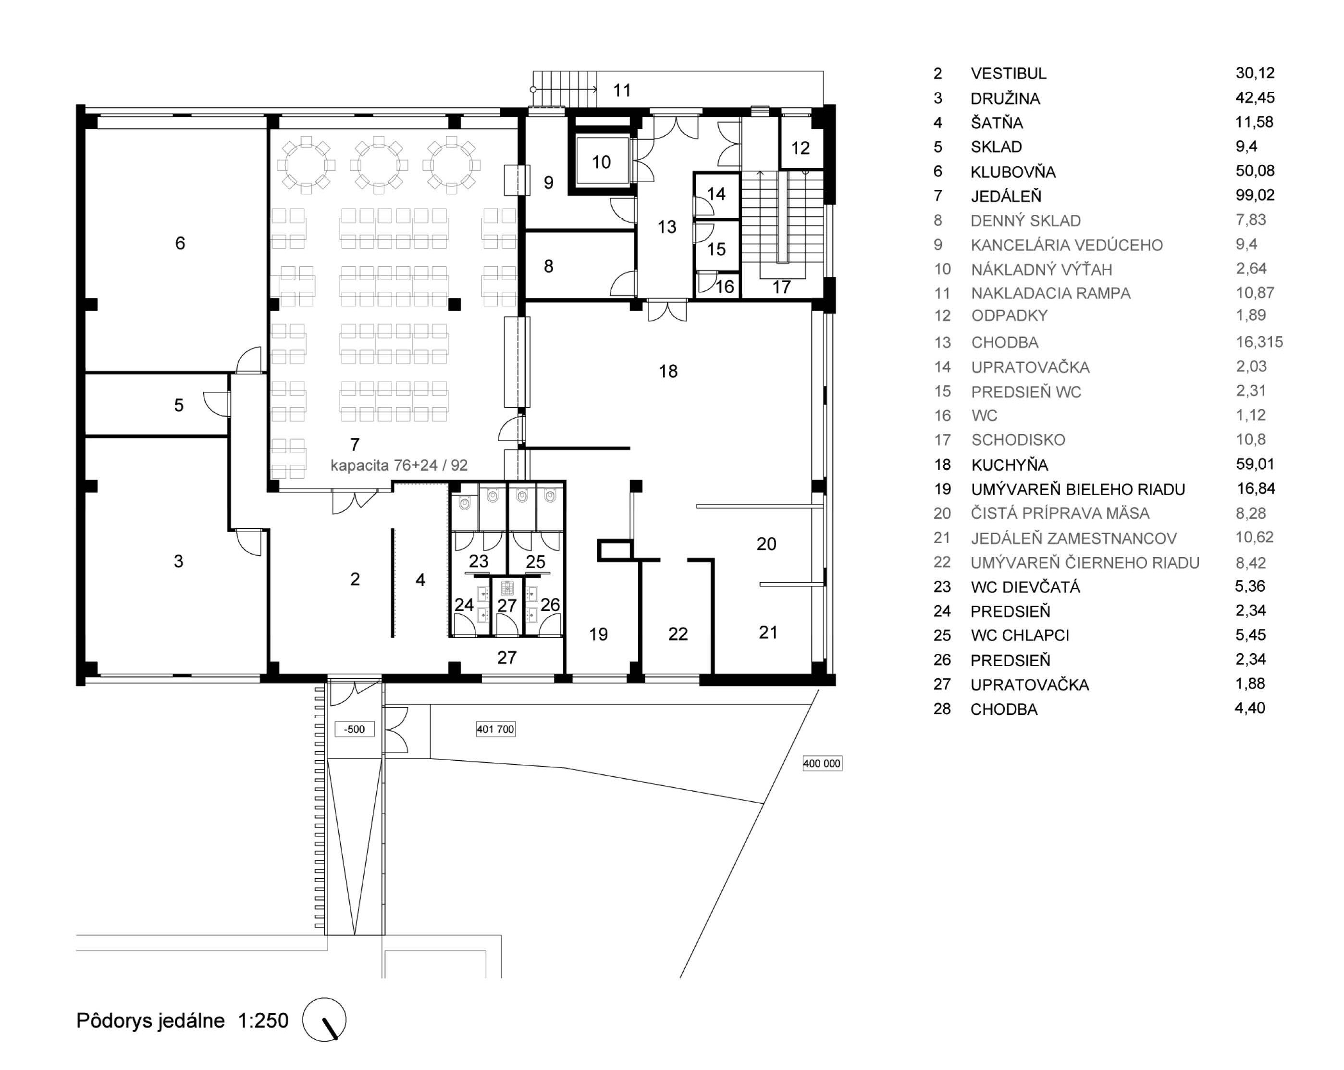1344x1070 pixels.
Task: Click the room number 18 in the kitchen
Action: point(668,372)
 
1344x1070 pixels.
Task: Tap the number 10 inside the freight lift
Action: point(601,162)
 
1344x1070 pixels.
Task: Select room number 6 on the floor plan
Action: point(180,243)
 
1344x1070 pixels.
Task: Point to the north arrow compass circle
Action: point(324,1020)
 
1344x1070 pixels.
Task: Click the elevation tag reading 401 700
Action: point(495,729)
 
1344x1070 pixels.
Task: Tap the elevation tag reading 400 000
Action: point(822,763)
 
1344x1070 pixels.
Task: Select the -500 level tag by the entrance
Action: point(355,729)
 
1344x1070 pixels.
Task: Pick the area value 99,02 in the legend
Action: point(1255,195)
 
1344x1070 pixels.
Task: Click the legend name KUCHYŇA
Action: point(1009,464)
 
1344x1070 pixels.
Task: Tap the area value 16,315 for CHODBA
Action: point(1259,342)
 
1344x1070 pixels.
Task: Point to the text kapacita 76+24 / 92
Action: point(399,465)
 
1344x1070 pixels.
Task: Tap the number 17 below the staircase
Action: point(782,287)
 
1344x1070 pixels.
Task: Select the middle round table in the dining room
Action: point(378,164)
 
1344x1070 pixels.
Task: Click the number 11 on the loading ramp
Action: point(621,91)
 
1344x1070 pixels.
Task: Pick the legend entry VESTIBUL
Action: point(1009,74)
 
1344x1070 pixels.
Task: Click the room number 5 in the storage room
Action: point(179,405)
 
